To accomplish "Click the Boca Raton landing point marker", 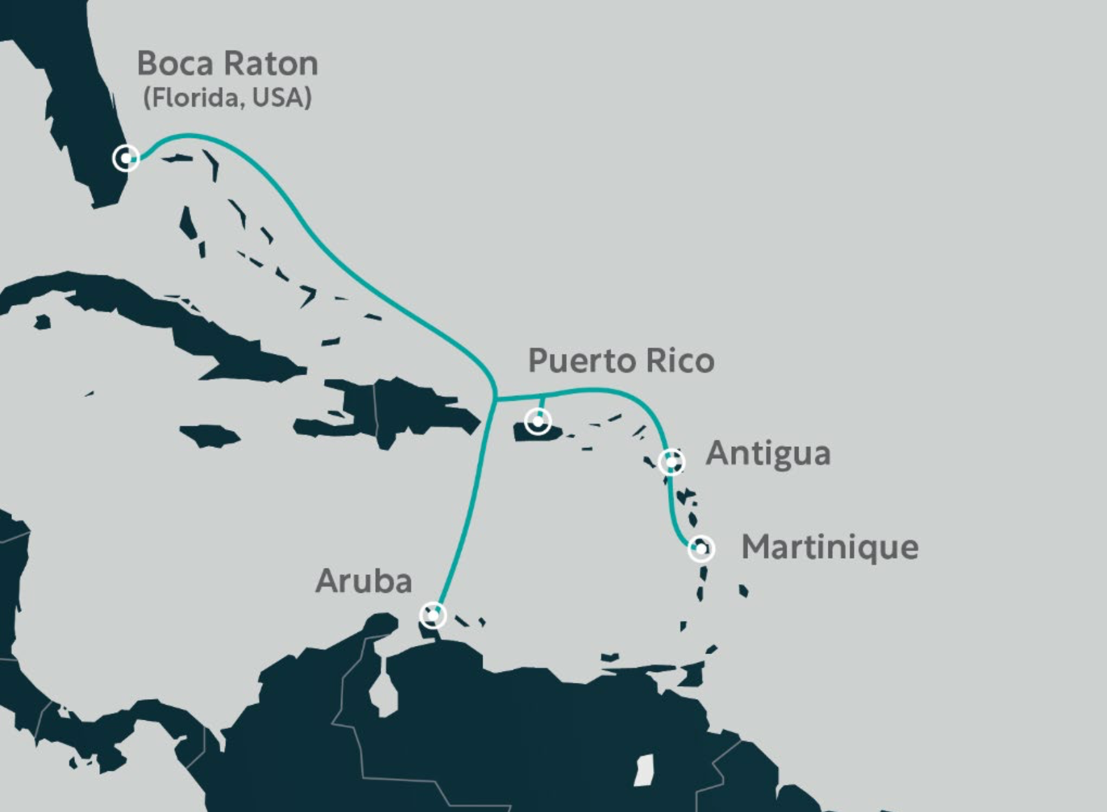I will [126, 158].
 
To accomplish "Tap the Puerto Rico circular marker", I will [538, 421].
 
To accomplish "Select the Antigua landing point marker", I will [672, 462].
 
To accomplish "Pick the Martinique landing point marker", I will [701, 549].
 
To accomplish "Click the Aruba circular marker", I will [433, 615].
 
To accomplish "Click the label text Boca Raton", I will [227, 64].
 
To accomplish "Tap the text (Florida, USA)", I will [227, 98].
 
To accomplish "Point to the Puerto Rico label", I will [621, 361].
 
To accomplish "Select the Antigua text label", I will [768, 454].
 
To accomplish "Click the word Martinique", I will [829, 547].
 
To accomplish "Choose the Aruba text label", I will [363, 581].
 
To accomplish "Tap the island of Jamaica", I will [209, 436].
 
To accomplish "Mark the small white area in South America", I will [644, 770].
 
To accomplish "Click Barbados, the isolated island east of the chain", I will [743, 590].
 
